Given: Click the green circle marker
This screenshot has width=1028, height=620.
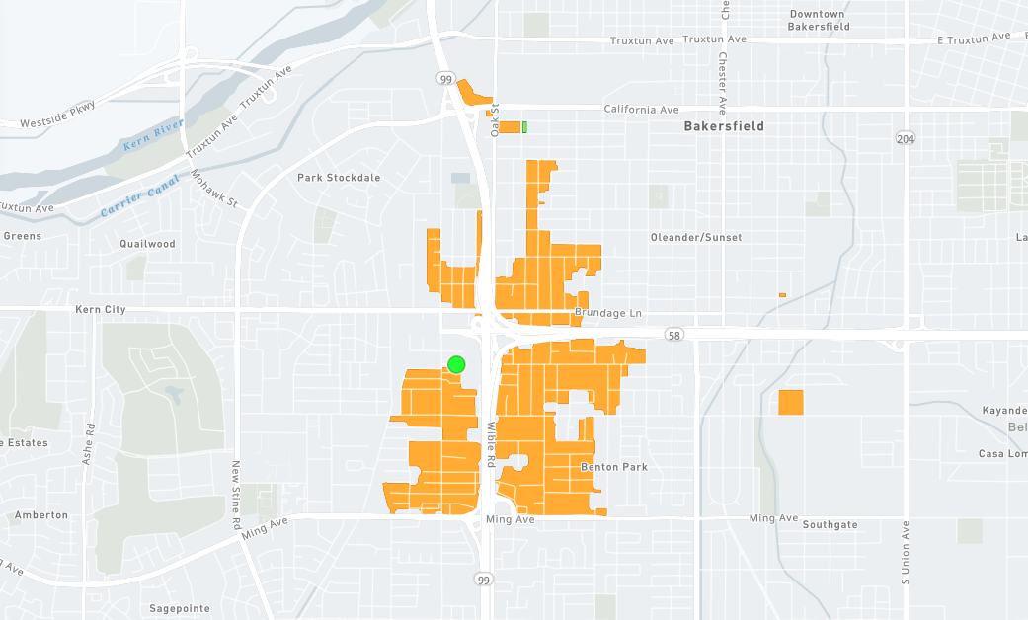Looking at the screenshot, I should click(455, 364).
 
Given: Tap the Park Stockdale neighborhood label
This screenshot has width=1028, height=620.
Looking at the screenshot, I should click(339, 178).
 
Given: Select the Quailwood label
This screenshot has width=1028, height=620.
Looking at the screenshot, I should click(147, 244).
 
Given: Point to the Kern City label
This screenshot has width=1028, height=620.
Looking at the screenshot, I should click(101, 310).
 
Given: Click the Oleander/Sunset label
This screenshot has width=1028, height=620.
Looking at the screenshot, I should click(696, 238).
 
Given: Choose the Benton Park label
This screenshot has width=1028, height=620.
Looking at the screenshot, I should click(614, 467).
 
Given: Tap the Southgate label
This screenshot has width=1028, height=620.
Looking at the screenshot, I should click(830, 524).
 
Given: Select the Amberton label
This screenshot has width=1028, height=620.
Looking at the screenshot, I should click(41, 515).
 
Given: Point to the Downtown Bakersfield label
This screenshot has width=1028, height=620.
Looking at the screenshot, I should click(818, 20).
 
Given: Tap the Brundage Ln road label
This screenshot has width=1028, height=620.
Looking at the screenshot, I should click(608, 313).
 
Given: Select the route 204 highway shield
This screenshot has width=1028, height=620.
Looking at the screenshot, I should click(906, 139).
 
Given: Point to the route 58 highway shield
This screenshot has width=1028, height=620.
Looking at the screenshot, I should click(672, 335).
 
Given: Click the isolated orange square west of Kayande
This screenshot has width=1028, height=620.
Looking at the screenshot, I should click(791, 403).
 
